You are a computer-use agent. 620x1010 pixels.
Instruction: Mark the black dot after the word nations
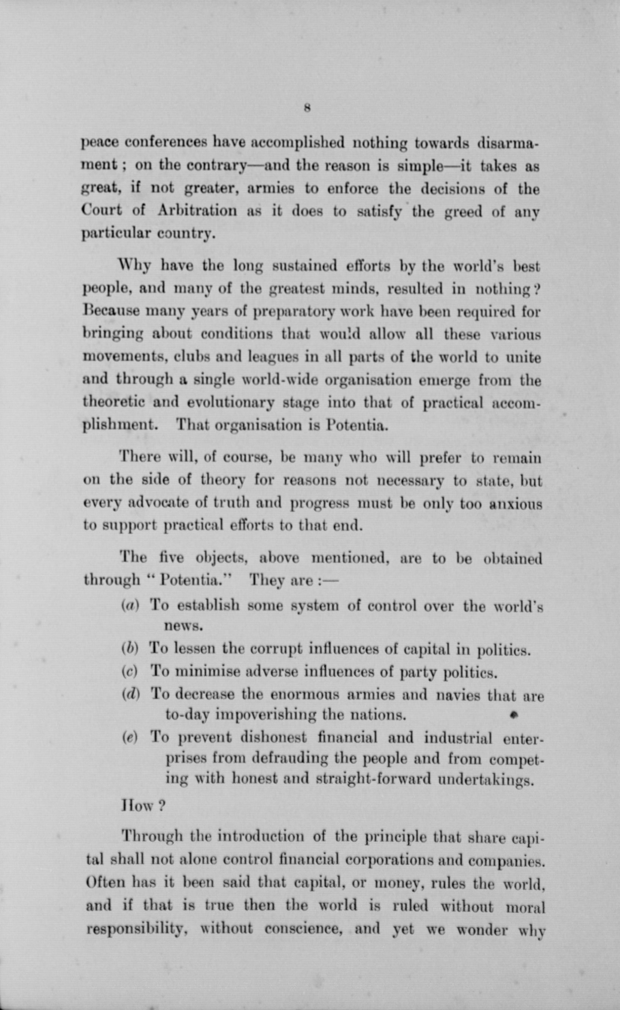click(512, 715)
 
